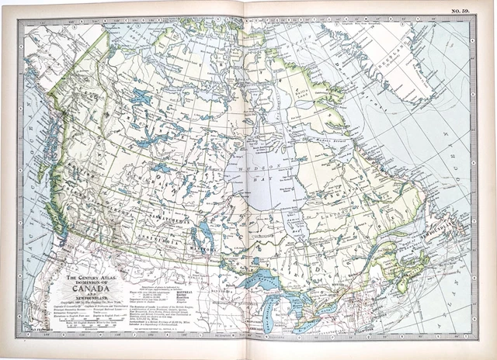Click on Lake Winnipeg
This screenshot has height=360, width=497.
pyautogui.click(x=203, y=230)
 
